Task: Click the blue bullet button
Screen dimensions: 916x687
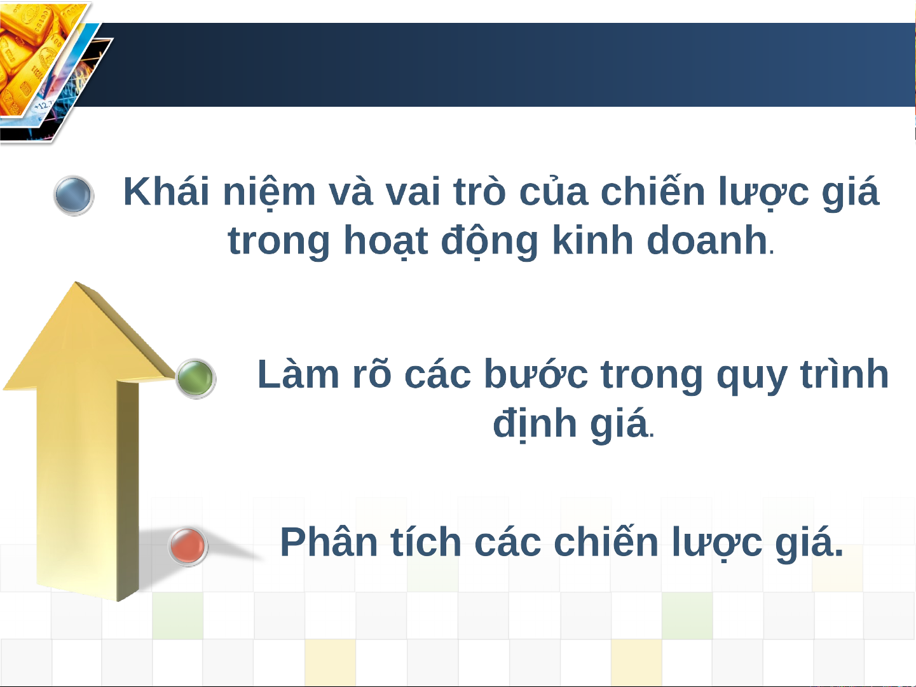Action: coord(74,195)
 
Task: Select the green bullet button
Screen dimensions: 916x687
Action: coord(195,378)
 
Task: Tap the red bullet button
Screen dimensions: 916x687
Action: coord(188,546)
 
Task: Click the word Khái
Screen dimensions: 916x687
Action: coord(166,191)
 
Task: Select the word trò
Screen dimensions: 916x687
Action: coord(479,191)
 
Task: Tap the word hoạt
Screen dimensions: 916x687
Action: coord(386,241)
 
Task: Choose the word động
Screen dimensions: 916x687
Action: coord(489,241)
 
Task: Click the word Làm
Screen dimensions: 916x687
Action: coord(298,374)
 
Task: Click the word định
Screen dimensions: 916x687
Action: coord(535,423)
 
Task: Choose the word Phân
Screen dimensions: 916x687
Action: coord(329,541)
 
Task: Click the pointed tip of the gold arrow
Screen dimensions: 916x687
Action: coord(76,282)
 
